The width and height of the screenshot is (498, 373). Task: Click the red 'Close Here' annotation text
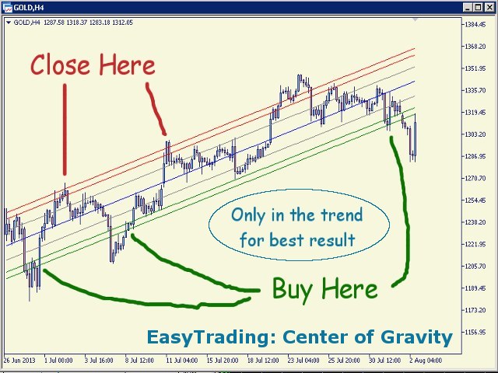[93, 64]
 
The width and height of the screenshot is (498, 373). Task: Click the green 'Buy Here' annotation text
[324, 289]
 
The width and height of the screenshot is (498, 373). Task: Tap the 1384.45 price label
[475, 24]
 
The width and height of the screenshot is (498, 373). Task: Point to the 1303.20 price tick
[475, 134]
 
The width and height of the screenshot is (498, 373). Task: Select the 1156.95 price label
[475, 332]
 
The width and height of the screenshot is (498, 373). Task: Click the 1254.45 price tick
[475, 200]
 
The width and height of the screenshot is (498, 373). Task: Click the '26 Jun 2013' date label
[19, 361]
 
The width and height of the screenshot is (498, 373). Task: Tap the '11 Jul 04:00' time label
[182, 361]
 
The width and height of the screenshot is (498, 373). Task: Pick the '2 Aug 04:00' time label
[426, 361]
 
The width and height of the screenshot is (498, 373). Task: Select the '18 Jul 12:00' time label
[263, 361]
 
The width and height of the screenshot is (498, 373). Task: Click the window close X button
[489, 7]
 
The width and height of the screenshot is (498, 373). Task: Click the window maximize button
[479, 7]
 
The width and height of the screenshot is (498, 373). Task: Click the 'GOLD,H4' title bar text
[29, 7]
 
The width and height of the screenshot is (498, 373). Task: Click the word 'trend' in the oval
[342, 214]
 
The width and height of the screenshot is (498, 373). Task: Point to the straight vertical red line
[65, 130]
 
